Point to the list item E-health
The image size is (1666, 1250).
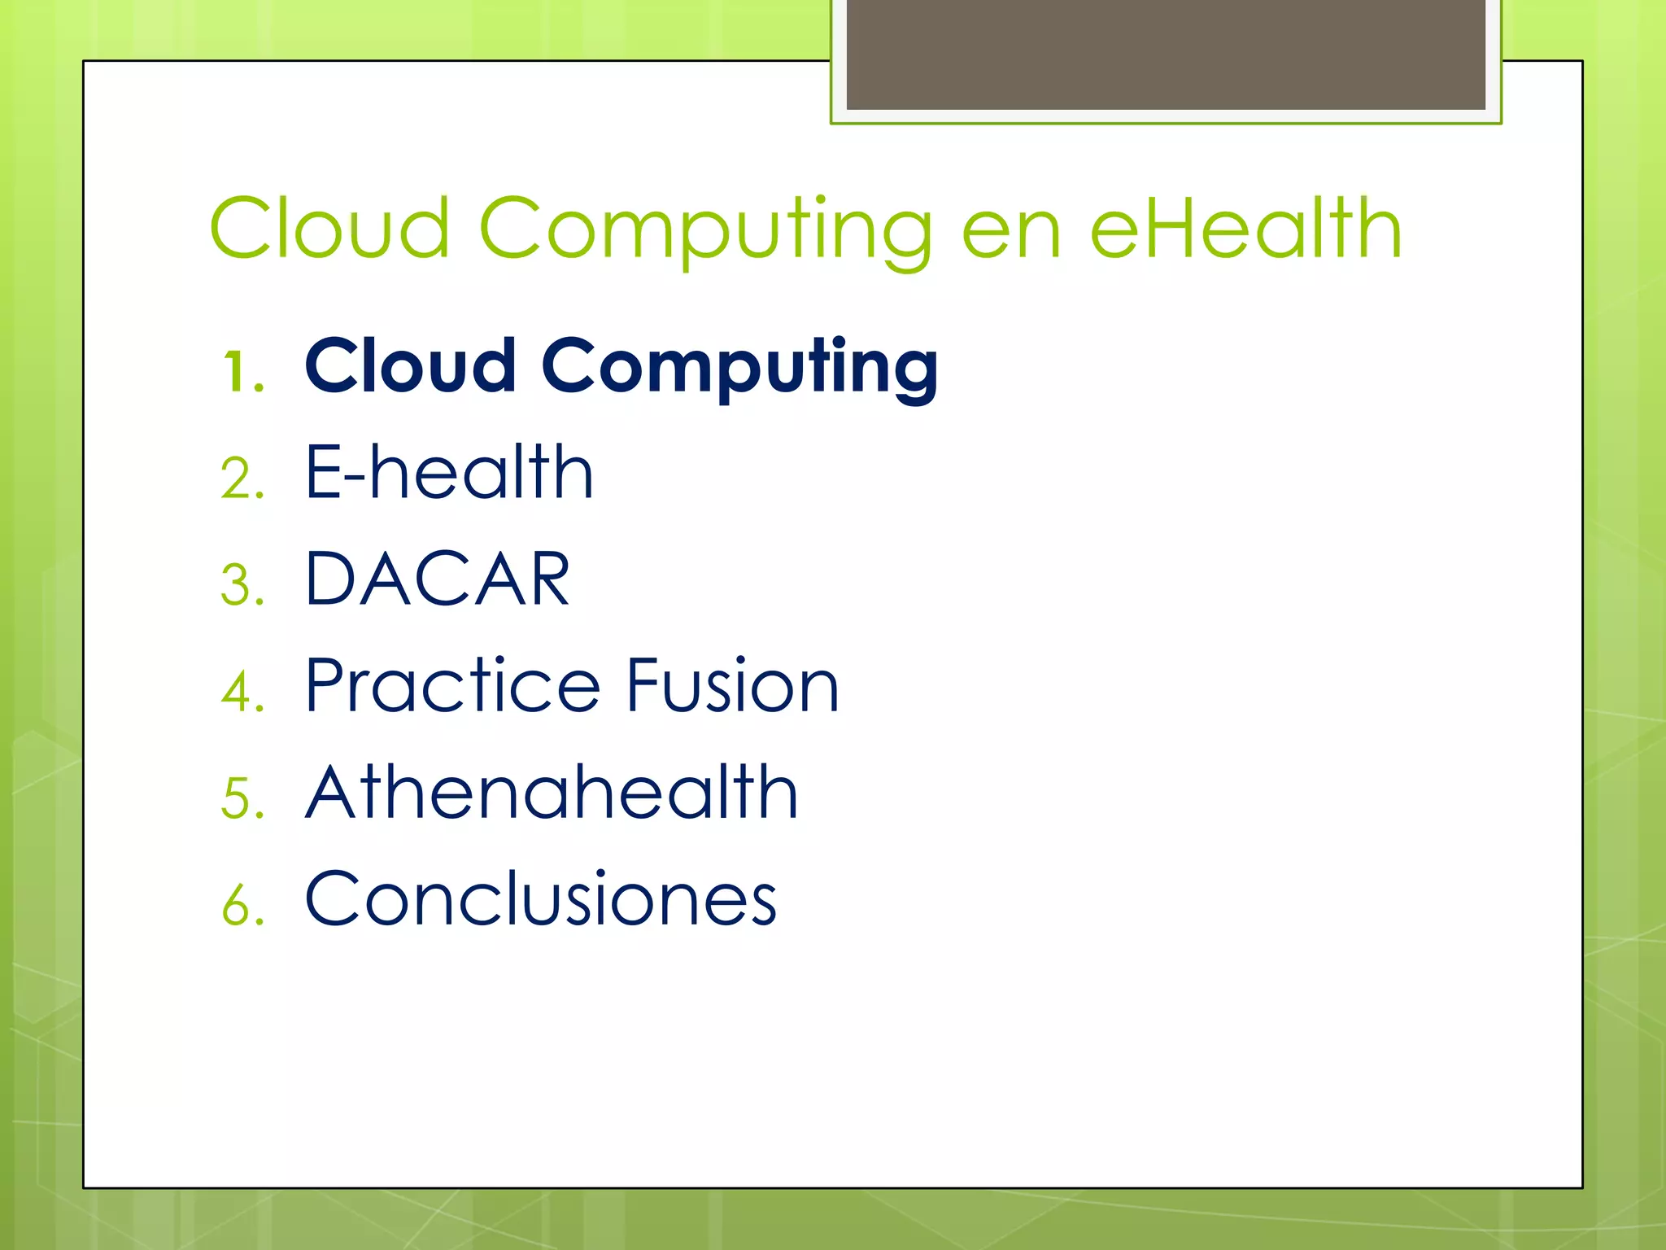(449, 473)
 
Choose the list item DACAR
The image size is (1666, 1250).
(438, 579)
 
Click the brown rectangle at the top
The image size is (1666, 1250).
(1166, 55)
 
